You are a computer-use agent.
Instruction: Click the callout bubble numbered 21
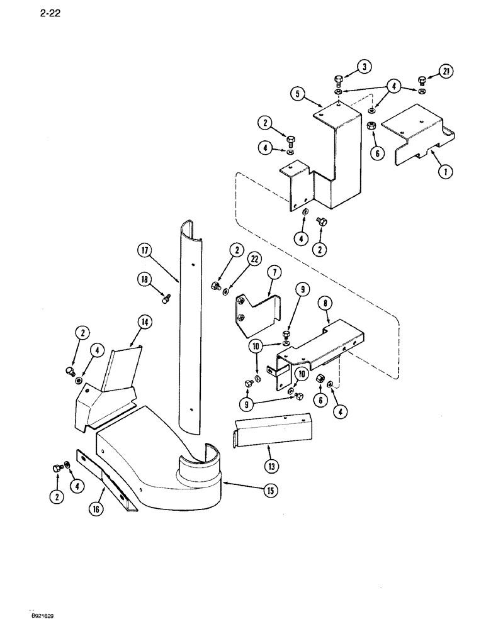click(x=446, y=72)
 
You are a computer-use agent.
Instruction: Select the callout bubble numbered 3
click(x=364, y=67)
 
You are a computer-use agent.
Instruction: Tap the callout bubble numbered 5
click(x=297, y=94)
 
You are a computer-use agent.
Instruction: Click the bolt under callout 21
click(x=422, y=81)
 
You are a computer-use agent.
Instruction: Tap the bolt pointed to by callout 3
click(x=338, y=81)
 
